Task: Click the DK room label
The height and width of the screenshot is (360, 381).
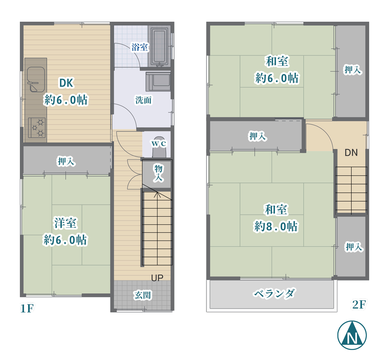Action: coord(66,83)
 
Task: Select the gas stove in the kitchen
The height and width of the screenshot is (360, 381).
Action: coord(37,128)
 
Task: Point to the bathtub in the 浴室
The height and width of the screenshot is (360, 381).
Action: coord(159,47)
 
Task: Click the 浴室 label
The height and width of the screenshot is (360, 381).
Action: coord(140,47)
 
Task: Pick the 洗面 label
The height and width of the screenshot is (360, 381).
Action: coord(143,100)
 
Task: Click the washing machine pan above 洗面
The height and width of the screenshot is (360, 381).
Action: coord(158,81)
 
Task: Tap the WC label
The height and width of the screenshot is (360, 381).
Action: coord(159,144)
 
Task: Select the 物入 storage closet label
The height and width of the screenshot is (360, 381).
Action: coord(158,173)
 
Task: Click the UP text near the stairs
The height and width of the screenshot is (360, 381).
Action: coord(157,278)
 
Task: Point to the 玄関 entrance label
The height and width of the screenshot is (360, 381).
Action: coord(143,295)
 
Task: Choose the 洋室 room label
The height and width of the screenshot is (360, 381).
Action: coord(65,223)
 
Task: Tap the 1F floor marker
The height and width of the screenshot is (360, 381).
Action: coord(27,308)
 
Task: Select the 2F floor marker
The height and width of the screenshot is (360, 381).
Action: coord(359,305)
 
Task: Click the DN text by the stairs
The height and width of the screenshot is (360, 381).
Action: coord(351,153)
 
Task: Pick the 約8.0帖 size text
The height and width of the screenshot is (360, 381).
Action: coord(276,226)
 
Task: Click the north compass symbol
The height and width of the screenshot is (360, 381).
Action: coord(352,335)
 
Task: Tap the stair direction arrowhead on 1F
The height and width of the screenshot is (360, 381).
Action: coord(157,194)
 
